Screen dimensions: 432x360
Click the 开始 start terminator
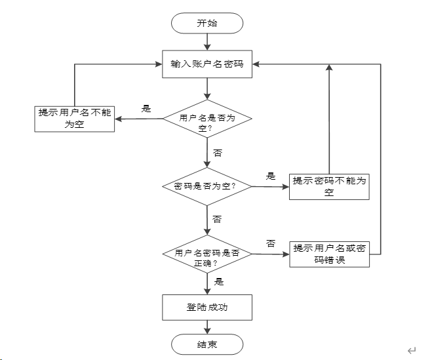pyautogui.click(x=207, y=23)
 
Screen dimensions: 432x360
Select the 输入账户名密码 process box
pyautogui.click(x=207, y=64)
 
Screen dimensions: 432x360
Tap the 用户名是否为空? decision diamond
pyautogui.click(x=207, y=119)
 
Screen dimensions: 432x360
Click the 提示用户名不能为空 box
pyautogui.click(x=74, y=119)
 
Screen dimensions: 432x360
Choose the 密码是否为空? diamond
pyautogui.click(x=207, y=186)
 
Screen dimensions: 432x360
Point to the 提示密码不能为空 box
pyautogui.click(x=329, y=187)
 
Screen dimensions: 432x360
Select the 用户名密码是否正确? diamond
pyautogui.click(x=207, y=254)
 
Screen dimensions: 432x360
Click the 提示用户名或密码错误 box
pyautogui.click(x=330, y=254)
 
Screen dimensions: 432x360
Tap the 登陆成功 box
pyautogui.click(x=207, y=308)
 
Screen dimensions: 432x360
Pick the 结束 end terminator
pyautogui.click(x=207, y=344)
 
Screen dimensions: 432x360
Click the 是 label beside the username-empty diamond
pyautogui.click(x=146, y=109)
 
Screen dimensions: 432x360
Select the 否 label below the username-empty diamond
pyautogui.click(x=218, y=153)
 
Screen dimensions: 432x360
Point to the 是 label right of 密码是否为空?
pyautogui.click(x=271, y=176)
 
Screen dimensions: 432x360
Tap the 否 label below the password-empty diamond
pyautogui.click(x=217, y=220)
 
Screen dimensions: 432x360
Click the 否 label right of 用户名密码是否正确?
pyautogui.click(x=271, y=243)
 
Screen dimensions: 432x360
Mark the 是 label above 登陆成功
pyautogui.click(x=219, y=282)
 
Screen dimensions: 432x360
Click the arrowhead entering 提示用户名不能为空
pyautogui.click(x=119, y=119)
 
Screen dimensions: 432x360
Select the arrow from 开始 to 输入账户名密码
pyautogui.click(x=207, y=42)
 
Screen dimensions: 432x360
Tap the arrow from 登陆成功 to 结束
pyautogui.click(x=207, y=327)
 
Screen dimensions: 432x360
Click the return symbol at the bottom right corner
pyautogui.click(x=412, y=351)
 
